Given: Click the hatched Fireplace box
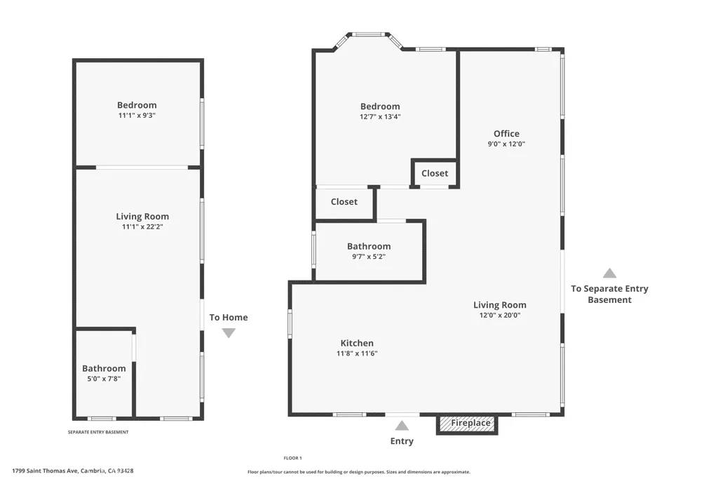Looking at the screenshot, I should (x=467, y=424).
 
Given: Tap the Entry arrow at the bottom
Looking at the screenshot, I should (x=402, y=426).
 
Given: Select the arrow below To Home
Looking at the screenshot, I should (x=229, y=333).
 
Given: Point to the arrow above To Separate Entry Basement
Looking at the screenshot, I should (x=609, y=274).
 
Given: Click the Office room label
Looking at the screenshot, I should (x=506, y=133).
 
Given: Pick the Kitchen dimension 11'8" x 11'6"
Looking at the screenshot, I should (x=357, y=353).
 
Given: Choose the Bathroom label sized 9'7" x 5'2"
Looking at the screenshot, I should (x=369, y=246).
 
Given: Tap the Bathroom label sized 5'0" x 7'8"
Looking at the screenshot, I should (x=104, y=368).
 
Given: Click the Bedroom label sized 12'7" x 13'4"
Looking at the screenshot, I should (x=380, y=107).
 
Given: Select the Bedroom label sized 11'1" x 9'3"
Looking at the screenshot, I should (x=137, y=105).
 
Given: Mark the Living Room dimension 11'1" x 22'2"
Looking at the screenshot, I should (x=142, y=227).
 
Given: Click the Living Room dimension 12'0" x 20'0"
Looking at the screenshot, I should (x=499, y=315).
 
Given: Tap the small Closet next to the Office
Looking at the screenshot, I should (x=435, y=173).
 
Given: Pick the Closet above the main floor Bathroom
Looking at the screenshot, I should (x=344, y=202).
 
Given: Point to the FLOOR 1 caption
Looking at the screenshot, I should (x=292, y=457).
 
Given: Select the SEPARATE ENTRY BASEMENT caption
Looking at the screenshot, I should (x=97, y=432).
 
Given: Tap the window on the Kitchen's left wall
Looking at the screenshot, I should (x=290, y=324).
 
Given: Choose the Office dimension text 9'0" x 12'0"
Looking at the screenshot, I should (x=506, y=144).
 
